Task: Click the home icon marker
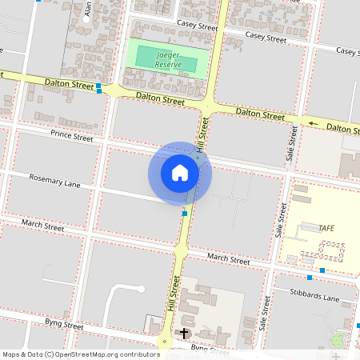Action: coord(180,173)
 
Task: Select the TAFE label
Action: coord(326,228)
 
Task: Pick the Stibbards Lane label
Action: coord(316,298)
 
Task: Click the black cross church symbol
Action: coord(184,333)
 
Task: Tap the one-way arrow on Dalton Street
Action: coord(314,124)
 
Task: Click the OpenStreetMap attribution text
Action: coord(80,354)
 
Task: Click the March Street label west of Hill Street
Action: coord(42,227)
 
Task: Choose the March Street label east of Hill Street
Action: coord(229,258)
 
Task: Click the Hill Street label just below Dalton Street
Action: coord(204,128)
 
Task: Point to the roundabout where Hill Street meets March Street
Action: coord(181,252)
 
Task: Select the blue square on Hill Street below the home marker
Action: coord(185,214)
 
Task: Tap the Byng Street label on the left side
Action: coord(64,326)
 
